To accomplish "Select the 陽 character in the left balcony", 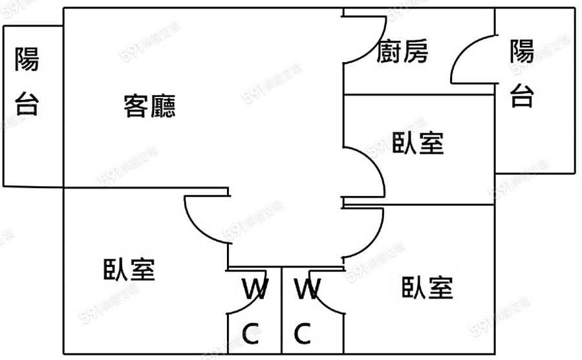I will (27, 60).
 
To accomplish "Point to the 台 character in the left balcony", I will (27, 103).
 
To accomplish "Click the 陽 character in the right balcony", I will (522, 51).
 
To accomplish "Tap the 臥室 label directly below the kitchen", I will (418, 143).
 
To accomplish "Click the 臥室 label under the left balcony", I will (129, 270).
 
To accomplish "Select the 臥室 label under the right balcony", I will (427, 288).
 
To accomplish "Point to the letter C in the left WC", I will (250, 334).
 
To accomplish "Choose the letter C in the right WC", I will (301, 334).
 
